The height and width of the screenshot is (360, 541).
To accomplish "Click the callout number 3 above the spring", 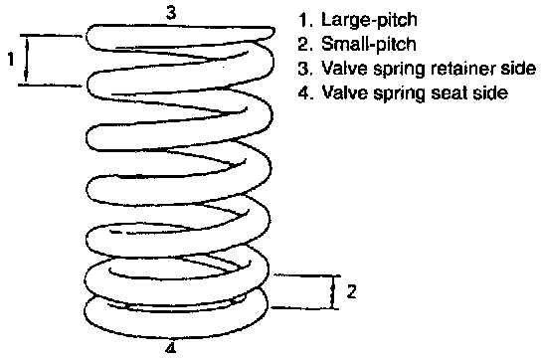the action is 171,13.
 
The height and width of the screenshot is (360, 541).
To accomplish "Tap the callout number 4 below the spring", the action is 170,347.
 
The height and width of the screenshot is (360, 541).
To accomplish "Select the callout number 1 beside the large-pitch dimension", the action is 11,59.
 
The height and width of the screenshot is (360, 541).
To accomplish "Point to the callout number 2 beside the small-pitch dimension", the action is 351,291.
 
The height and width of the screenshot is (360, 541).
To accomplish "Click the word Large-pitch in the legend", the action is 369,20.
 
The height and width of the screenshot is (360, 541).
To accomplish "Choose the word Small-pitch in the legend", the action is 369,44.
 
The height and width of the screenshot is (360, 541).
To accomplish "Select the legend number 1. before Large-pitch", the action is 305,20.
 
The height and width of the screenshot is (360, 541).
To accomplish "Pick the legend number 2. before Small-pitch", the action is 305,44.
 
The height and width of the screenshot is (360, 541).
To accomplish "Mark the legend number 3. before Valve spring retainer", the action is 305,69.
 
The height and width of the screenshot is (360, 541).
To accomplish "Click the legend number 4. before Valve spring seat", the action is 305,92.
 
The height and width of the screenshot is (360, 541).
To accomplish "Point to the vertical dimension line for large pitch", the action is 27,60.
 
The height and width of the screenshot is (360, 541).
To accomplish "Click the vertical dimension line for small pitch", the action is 333,291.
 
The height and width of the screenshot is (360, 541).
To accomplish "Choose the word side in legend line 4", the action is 490,92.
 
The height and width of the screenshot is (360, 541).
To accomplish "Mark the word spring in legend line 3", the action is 399,70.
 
